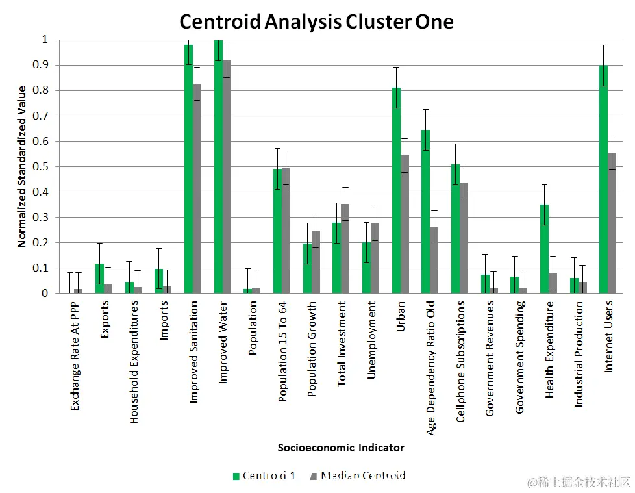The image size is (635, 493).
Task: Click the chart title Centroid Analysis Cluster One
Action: (x=316, y=21)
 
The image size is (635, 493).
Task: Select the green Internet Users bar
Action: (x=603, y=179)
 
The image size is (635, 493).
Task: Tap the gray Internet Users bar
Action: (x=612, y=223)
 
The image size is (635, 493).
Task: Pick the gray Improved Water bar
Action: (x=227, y=177)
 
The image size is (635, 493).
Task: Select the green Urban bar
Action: (x=396, y=190)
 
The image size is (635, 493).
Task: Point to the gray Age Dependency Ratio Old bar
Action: (x=434, y=260)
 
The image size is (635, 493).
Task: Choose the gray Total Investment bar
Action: (x=345, y=248)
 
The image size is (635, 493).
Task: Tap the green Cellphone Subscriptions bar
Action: (x=455, y=229)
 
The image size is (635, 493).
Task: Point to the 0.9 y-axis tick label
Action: (x=42, y=65)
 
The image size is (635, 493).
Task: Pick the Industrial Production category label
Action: (x=579, y=354)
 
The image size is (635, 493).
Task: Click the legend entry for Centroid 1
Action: (x=264, y=475)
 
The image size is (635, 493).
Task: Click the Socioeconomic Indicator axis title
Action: (x=341, y=448)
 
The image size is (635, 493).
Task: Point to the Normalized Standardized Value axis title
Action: (x=22, y=166)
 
